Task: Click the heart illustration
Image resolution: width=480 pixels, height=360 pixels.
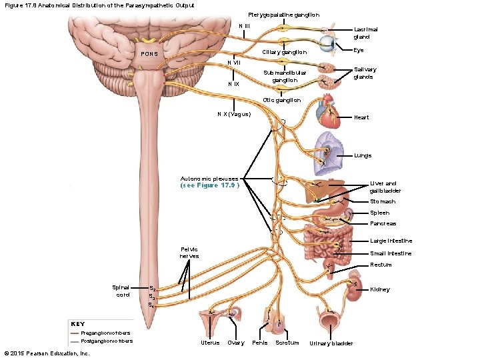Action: click(330, 111)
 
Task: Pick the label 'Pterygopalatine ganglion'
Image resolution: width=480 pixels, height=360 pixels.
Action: click(283, 15)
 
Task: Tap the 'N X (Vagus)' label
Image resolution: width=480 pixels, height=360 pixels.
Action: click(234, 114)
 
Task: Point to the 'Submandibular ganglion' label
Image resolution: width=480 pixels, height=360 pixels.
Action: click(285, 76)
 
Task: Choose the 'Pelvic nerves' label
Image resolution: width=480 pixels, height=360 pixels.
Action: click(189, 252)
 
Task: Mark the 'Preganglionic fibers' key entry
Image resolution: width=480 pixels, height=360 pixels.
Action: click(105, 332)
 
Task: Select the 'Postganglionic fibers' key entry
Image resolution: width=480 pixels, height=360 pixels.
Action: click(107, 341)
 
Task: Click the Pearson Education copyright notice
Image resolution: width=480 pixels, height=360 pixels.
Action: click(47, 353)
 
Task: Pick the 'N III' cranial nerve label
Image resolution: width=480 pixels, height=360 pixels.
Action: click(245, 26)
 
